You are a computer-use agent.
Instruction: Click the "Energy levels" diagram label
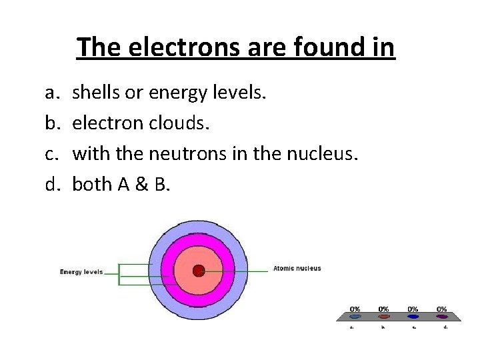(81, 272)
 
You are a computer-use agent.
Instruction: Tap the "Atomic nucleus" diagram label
(297, 269)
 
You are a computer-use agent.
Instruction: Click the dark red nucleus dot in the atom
(198, 271)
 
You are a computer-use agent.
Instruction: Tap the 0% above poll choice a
(355, 309)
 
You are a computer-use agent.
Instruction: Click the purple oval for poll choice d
(441, 317)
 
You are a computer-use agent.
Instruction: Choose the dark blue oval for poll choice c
(413, 317)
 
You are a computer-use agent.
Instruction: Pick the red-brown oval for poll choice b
(384, 317)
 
